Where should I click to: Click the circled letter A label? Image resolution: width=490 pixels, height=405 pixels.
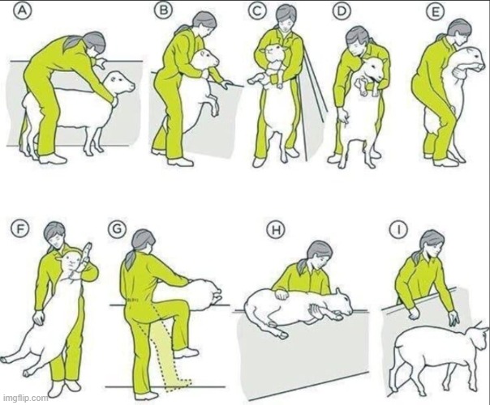(20, 11)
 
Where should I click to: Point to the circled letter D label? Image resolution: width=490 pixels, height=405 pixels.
(342, 11)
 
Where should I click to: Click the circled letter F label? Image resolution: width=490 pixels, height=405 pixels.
(20, 229)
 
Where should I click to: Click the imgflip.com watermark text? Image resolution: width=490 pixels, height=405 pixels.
(25, 399)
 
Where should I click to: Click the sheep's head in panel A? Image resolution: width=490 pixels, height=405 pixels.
(120, 83)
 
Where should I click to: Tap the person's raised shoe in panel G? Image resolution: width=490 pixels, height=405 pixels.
(187, 353)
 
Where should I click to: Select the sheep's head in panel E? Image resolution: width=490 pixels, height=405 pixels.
(471, 58)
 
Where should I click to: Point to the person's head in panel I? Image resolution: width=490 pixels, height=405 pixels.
(432, 244)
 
